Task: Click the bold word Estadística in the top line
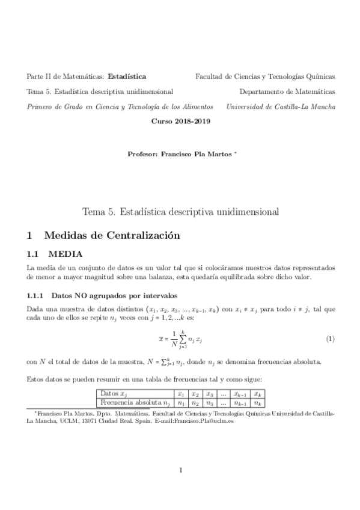tap(126, 77)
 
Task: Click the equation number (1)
tap(329, 339)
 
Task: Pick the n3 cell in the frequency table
tap(210, 404)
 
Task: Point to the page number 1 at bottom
tap(180, 470)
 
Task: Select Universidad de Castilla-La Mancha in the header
tap(281, 106)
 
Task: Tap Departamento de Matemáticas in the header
tap(287, 91)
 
